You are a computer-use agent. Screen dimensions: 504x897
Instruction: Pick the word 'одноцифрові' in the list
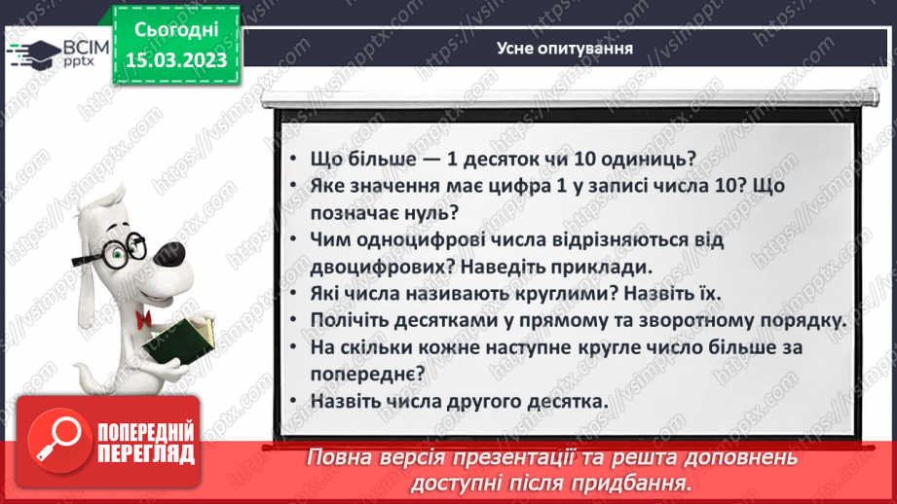[429, 239]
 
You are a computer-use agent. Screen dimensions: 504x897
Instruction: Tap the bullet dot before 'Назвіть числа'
[295, 401]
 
